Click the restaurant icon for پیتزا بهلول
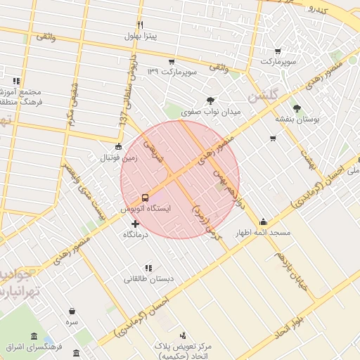(x=140, y=25)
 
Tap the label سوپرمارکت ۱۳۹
(x=172, y=72)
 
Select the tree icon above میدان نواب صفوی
(x=210, y=100)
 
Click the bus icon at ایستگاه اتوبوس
(x=145, y=198)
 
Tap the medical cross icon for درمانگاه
(x=135, y=224)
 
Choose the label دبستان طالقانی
(x=148, y=279)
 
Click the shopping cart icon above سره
(x=72, y=310)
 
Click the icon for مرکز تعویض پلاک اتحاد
(x=183, y=335)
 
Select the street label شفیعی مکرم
(x=72, y=105)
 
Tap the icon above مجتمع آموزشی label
(x=16, y=81)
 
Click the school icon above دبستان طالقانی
(x=148, y=268)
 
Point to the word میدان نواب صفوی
(x=210, y=112)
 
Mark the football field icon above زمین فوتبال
(x=117, y=147)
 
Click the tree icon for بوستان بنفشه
(x=297, y=108)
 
